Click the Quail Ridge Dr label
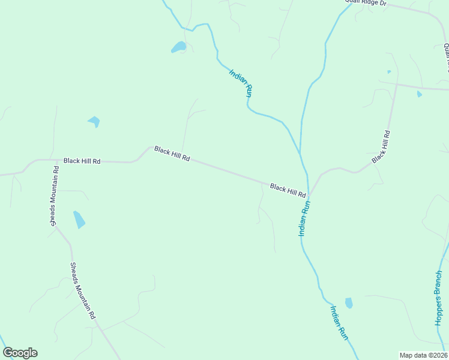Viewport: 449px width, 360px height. (x=366, y=3)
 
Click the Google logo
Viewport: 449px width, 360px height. (x=20, y=353)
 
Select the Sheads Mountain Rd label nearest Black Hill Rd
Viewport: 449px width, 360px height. (x=53, y=195)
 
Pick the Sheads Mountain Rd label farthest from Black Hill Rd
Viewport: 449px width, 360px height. (x=83, y=290)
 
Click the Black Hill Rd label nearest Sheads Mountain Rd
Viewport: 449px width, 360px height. (x=82, y=161)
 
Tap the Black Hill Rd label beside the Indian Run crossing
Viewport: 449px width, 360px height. (x=288, y=191)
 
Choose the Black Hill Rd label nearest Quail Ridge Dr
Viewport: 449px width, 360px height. (x=381, y=147)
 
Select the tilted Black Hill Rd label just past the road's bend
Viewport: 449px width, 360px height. (x=172, y=154)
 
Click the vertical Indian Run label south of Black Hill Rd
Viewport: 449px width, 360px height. (x=305, y=218)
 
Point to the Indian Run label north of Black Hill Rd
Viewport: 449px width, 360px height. (x=240, y=83)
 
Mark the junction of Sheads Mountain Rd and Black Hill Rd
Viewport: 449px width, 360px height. (x=50, y=160)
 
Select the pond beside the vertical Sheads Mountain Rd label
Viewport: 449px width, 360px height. (x=79, y=220)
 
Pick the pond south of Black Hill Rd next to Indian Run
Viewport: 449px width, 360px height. (x=349, y=303)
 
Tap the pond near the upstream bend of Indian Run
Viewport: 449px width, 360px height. (x=179, y=47)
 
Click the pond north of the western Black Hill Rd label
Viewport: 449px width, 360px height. (x=94, y=122)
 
